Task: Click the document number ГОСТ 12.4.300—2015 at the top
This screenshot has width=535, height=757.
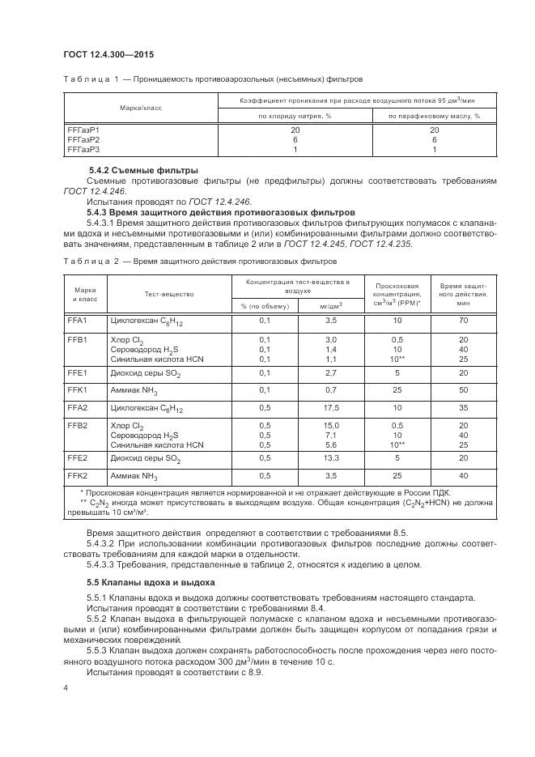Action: point(108,55)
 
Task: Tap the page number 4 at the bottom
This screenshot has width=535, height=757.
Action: point(66,687)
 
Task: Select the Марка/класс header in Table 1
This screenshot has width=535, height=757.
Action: point(140,107)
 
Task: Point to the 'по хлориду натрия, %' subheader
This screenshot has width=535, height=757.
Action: point(295,116)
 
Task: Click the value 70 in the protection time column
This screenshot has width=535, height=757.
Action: point(463,321)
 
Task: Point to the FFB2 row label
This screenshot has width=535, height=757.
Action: point(77,426)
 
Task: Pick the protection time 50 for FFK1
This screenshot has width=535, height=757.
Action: point(463,390)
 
